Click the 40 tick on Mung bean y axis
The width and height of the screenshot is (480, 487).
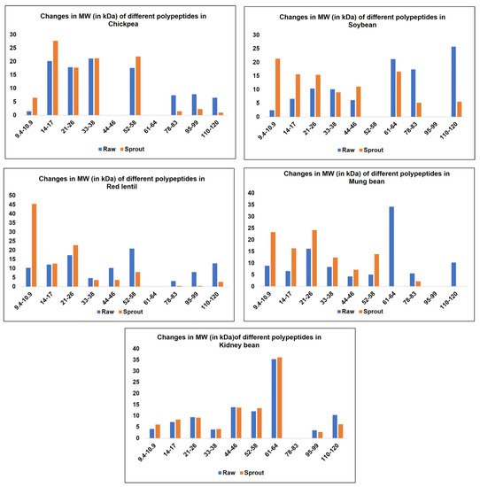(x=252, y=192)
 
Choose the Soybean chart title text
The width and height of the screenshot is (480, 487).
(x=360, y=19)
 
